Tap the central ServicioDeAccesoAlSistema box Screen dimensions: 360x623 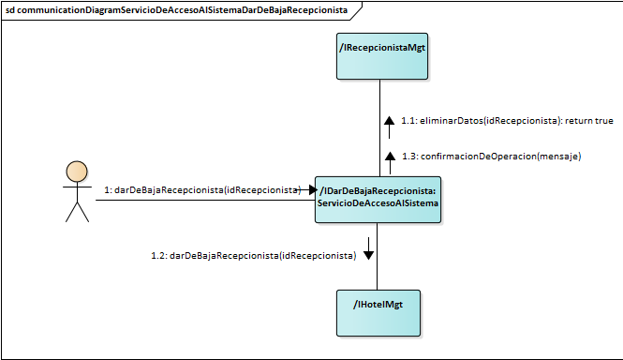coord(378,199)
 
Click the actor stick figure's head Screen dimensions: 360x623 coord(77,172)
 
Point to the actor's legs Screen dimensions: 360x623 coord(77,212)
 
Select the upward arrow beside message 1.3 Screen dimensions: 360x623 coord(389,157)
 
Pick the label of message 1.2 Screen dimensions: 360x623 coord(254,255)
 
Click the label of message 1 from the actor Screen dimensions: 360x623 coord(202,190)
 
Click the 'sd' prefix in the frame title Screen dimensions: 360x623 coord(11,9)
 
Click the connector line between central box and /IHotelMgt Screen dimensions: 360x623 coord(378,272)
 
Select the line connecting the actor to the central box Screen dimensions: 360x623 coord(187,200)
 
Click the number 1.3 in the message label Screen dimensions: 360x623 coord(409,157)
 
